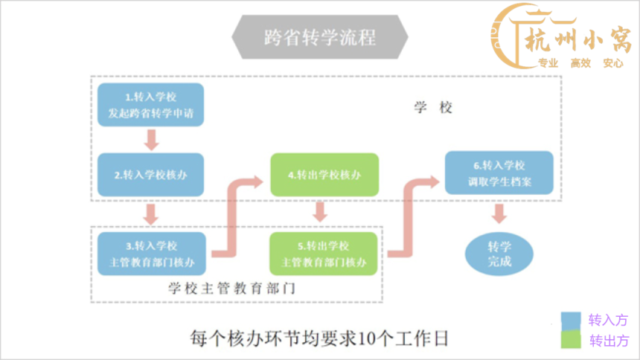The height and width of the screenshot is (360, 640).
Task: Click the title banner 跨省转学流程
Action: point(319,38)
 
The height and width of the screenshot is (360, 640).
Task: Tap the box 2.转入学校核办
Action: point(151,176)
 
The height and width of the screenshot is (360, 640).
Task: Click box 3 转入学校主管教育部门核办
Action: point(151,254)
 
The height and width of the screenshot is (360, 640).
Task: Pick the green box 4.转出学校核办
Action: point(324,176)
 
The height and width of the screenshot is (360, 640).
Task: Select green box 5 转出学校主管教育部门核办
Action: point(324,254)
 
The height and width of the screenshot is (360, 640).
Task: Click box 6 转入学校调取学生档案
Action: point(499,173)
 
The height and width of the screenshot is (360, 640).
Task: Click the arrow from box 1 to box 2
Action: point(151,139)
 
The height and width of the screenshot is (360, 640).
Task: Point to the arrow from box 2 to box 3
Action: point(151,214)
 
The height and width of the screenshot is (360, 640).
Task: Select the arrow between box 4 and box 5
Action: point(321,213)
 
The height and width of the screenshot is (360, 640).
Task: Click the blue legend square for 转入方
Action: point(571,320)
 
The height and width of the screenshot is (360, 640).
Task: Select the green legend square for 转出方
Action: point(571,340)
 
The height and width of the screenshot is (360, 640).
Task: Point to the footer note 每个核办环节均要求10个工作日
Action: point(319,338)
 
